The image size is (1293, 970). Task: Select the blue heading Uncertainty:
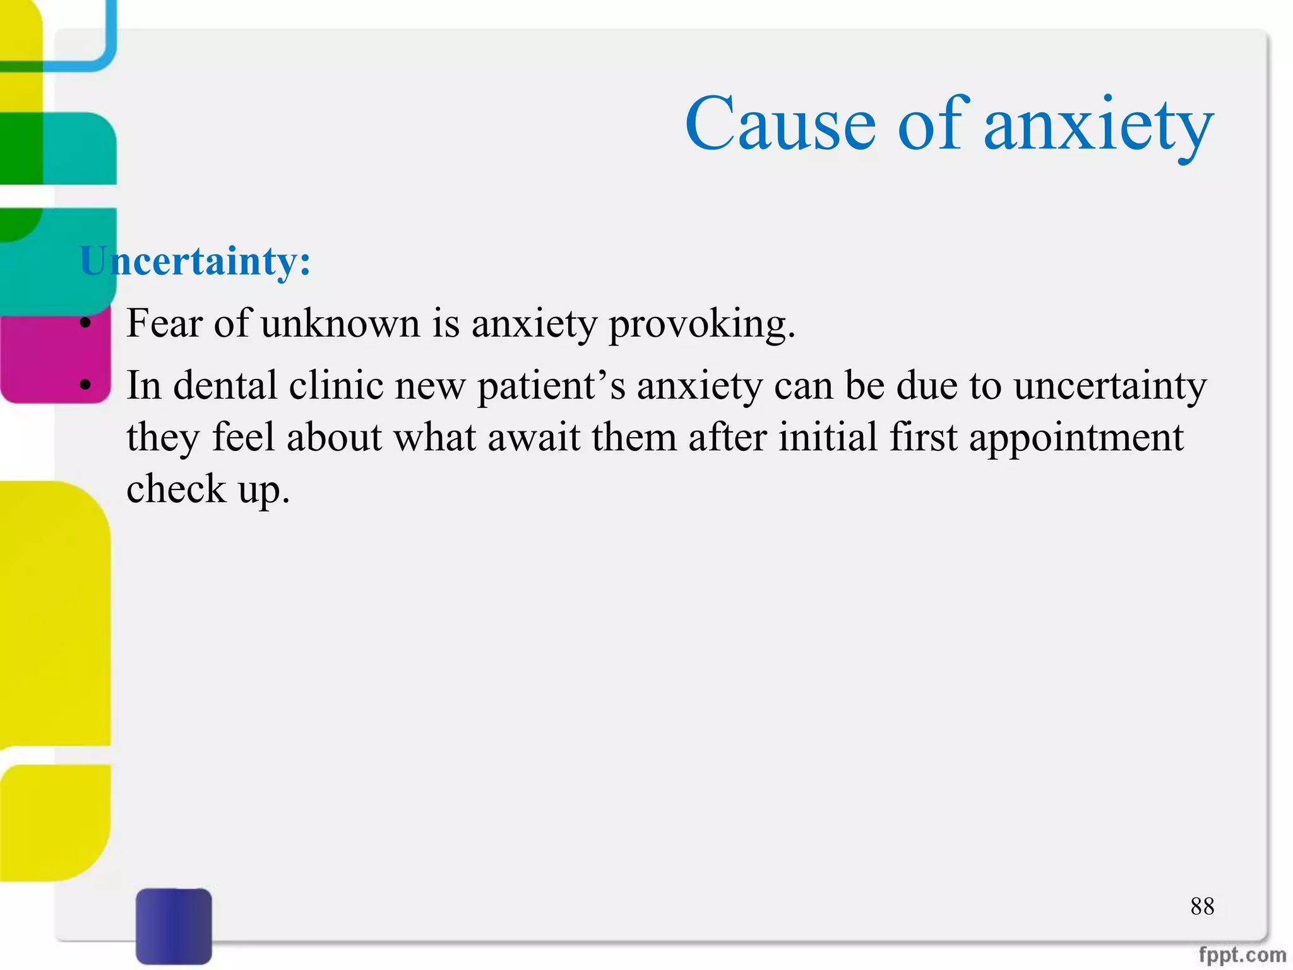pyautogui.click(x=195, y=261)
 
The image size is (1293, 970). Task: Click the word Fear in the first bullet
pyautogui.click(x=164, y=323)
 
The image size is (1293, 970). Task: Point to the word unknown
pyautogui.click(x=340, y=323)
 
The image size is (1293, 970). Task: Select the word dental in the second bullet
pyautogui.click(x=225, y=385)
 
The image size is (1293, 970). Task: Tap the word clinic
pyautogui.click(x=336, y=385)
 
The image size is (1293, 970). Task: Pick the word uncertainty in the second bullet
pyautogui.click(x=1110, y=386)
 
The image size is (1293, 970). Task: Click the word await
pyautogui.click(x=533, y=437)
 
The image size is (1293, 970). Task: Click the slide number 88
pyautogui.click(x=1202, y=906)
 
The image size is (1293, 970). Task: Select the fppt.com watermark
pyautogui.click(x=1242, y=954)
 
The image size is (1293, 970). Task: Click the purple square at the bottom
pyautogui.click(x=174, y=925)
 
